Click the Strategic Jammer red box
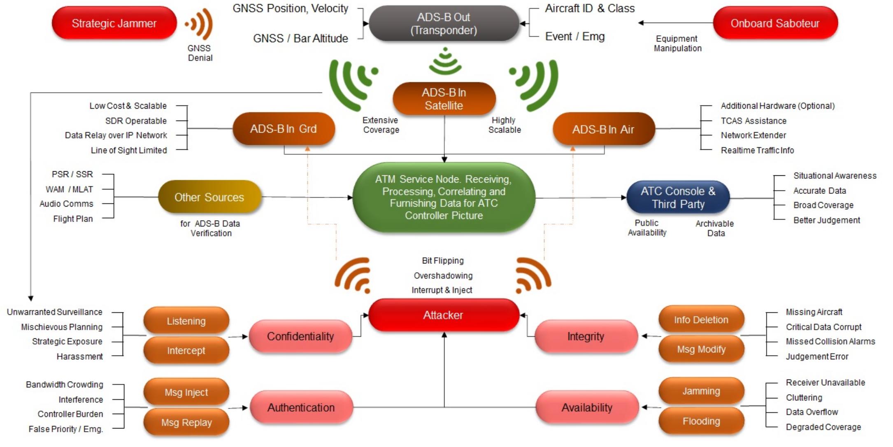point(114,23)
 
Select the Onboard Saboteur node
point(775,23)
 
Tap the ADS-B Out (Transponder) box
point(444,23)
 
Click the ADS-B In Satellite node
point(444,99)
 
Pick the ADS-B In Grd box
point(284,129)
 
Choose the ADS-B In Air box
point(603,129)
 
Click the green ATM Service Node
point(444,197)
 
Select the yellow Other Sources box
point(209,197)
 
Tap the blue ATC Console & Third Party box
point(678,198)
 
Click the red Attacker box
point(444,315)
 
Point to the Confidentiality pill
point(300,336)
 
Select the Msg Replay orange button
point(186,422)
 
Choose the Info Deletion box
point(701,320)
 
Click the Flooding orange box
point(701,421)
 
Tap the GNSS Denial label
point(200,53)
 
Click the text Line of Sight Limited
point(129,150)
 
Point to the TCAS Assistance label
point(753,121)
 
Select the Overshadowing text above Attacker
point(443,275)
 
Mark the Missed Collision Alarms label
point(830,341)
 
